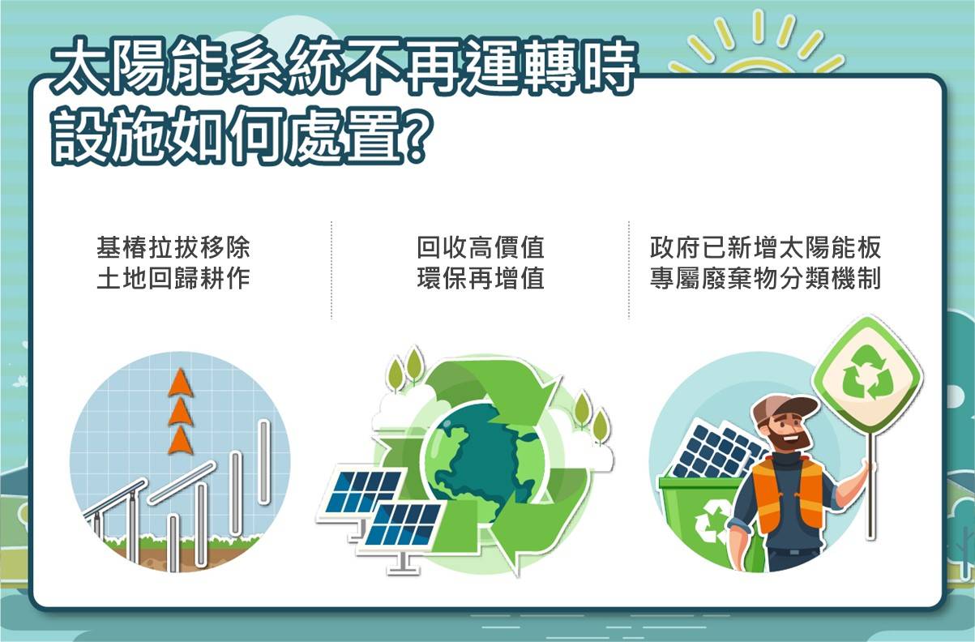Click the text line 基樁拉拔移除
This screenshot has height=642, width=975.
(173, 247)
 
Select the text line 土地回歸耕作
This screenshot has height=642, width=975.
(173, 279)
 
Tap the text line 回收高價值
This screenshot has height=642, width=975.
(481, 247)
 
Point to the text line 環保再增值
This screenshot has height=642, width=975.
(481, 279)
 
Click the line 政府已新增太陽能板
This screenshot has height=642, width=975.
(766, 247)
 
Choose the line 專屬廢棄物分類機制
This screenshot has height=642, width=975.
(766, 279)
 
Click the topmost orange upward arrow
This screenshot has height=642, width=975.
(180, 383)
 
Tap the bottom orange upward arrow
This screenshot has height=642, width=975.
(180, 440)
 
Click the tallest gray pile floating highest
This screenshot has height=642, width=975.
(263, 462)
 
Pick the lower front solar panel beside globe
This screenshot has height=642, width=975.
(404, 528)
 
